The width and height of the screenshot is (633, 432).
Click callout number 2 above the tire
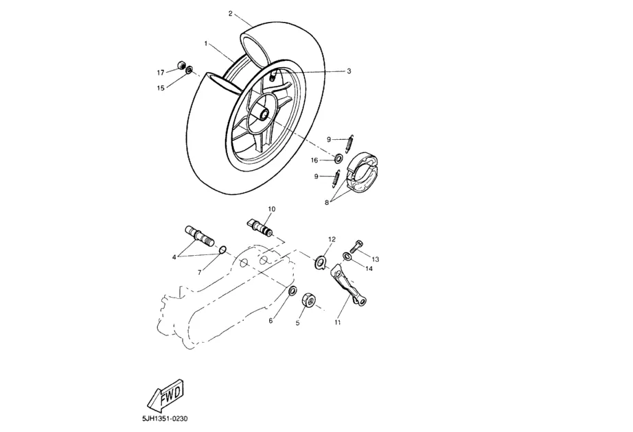(231, 13)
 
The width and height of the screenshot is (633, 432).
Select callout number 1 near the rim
(206, 43)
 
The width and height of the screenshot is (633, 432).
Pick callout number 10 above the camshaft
(271, 208)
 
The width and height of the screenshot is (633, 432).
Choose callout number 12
(332, 239)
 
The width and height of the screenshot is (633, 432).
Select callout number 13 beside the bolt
(376, 259)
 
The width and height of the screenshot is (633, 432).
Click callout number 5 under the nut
(298, 323)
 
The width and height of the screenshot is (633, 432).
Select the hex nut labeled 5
(308, 300)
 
